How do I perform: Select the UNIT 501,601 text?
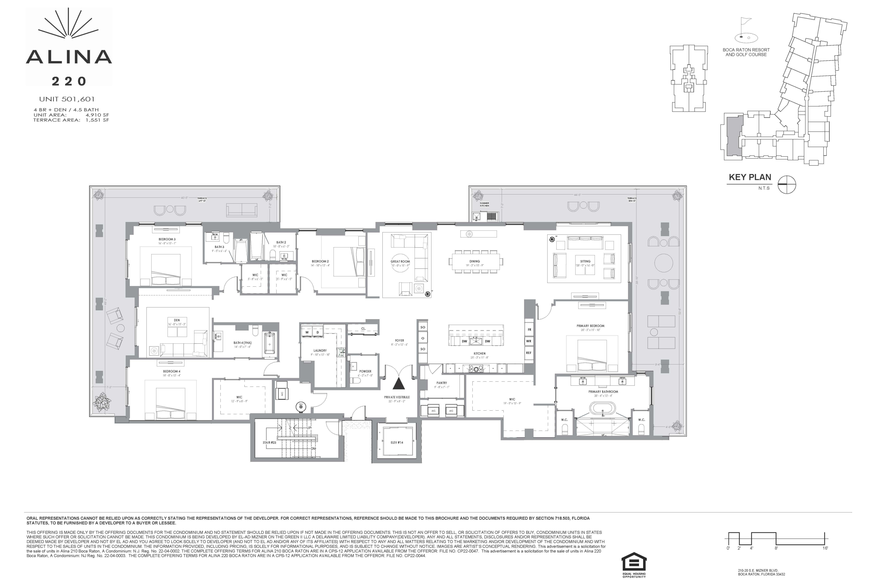(x=67, y=99)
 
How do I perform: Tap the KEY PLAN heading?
(x=750, y=177)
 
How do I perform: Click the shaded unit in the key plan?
(x=734, y=135)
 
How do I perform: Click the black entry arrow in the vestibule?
(x=399, y=384)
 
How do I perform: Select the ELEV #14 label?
(x=397, y=443)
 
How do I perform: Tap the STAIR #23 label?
(x=269, y=443)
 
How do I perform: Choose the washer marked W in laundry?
(x=307, y=332)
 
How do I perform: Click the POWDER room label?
(x=365, y=371)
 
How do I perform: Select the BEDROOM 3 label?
(x=167, y=240)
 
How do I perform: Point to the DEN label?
(x=177, y=320)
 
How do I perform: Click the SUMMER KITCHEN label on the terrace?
(x=484, y=204)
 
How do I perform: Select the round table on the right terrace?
(x=663, y=263)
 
